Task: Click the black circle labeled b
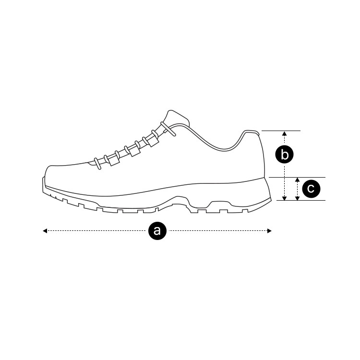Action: pyautogui.click(x=285, y=155)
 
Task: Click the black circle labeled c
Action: pyautogui.click(x=311, y=189)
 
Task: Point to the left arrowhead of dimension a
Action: pyautogui.click(x=45, y=231)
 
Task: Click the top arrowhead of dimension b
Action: pyautogui.click(x=285, y=133)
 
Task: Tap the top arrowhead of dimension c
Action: pyautogui.click(x=298, y=180)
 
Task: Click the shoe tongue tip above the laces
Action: pyautogui.click(x=173, y=115)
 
